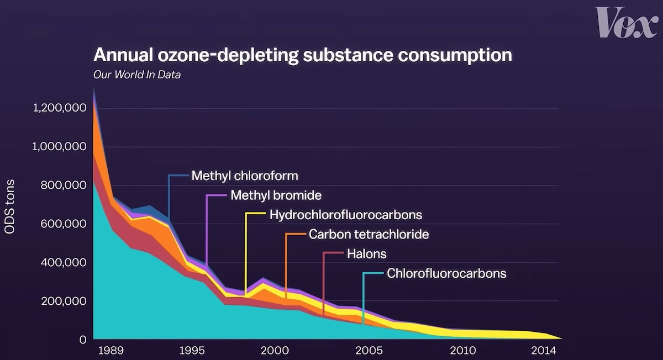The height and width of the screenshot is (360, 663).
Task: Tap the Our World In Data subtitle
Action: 137,75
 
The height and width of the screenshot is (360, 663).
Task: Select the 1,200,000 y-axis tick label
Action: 60,108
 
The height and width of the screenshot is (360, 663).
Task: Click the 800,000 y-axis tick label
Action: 63,186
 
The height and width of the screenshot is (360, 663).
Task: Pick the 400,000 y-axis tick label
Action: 63,263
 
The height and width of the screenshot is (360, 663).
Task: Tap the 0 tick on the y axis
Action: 83,340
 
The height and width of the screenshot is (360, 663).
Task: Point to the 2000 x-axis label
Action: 275,350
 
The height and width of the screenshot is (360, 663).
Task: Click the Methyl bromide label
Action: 276,195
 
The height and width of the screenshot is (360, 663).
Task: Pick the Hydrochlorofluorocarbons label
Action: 346,215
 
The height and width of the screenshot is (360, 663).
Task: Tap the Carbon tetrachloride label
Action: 369,234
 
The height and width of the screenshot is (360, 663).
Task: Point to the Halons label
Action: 367,254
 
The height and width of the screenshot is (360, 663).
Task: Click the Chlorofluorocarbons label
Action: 446,273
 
